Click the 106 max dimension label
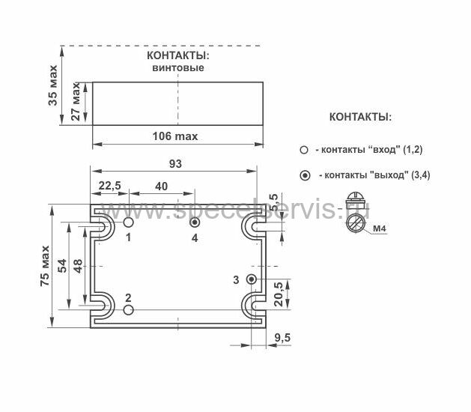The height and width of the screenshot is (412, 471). coord(175,136)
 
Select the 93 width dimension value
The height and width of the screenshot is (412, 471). coord(175,164)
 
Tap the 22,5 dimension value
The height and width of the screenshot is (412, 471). coord(110,186)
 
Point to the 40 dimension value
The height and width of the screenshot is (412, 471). coord(161,187)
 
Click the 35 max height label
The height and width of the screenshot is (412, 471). coord(52,85)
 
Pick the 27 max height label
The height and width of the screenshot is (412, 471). coord(76,102)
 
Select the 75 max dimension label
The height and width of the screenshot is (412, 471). coord(45,266)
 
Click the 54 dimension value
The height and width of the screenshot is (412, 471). coord(62,266)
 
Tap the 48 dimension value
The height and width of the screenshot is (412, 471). coord(78,266)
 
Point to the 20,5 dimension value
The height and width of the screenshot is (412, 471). coord(279,294)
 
